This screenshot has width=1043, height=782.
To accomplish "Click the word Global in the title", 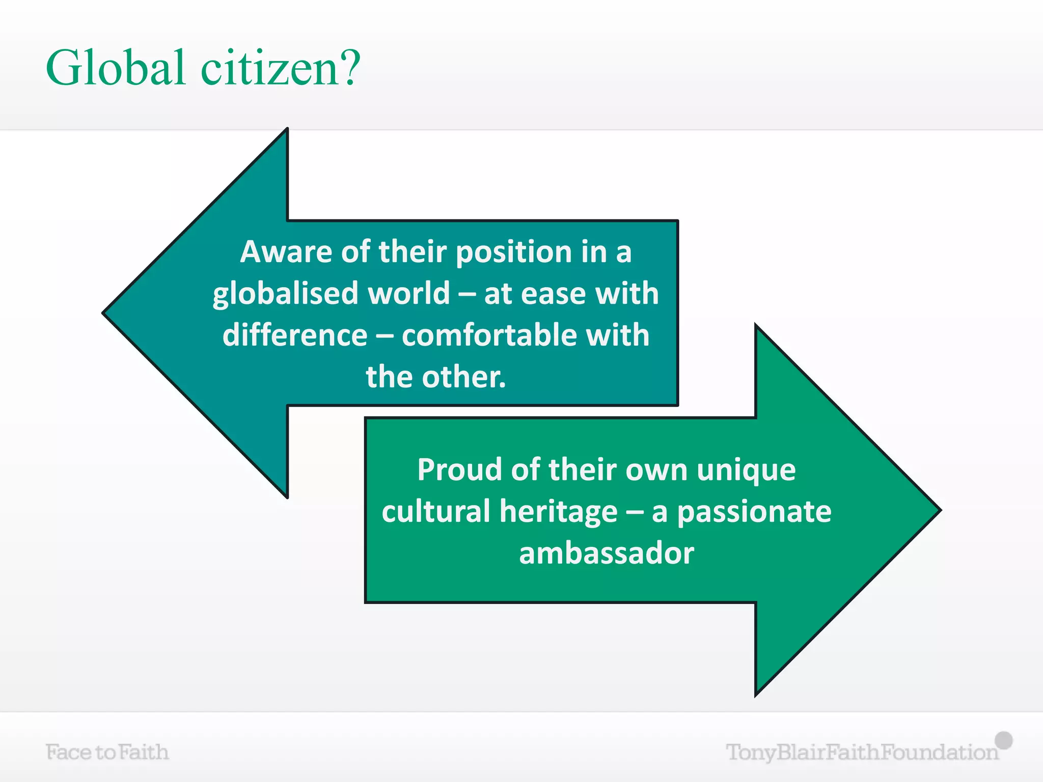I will coord(115,68).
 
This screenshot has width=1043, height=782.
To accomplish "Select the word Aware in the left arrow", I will coord(286,252).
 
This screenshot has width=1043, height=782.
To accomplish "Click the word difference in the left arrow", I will coord(295,335).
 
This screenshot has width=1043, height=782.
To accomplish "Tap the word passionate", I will coord(754,512).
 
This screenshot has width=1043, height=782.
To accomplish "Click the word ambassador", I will coord(606,553).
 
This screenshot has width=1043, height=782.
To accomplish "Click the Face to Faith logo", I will coord(107,752).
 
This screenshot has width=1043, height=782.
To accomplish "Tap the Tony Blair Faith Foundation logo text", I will coord(862,752).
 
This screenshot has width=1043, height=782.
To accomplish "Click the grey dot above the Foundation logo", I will coord(1004,740).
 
